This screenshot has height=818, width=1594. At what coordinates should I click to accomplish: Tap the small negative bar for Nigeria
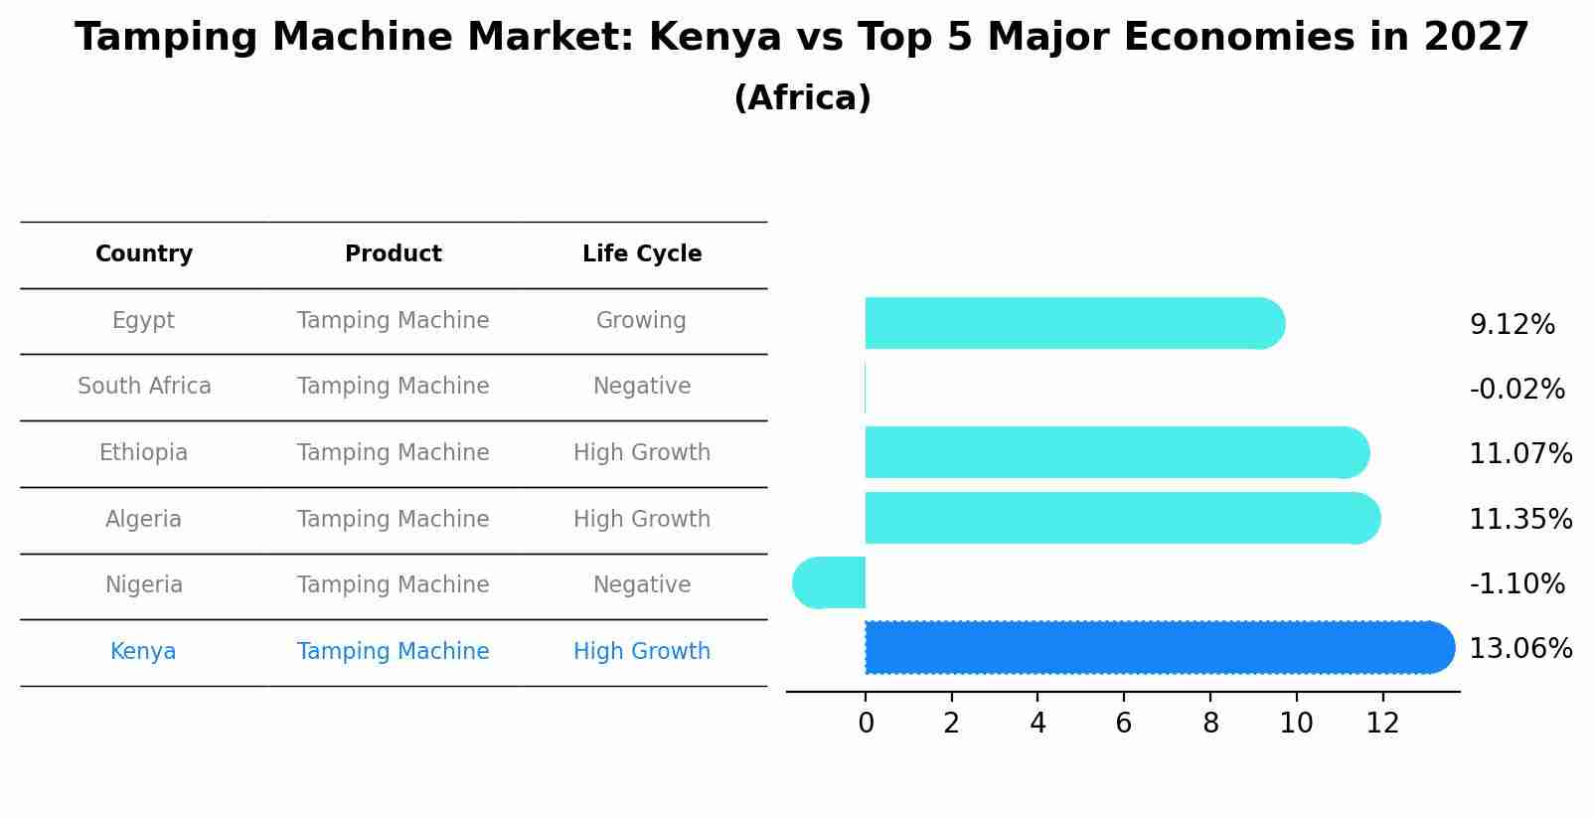(829, 582)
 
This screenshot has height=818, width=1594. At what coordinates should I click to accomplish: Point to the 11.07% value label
(1519, 454)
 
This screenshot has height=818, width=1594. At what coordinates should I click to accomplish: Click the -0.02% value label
(1516, 389)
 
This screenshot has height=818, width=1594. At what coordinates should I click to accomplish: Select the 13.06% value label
(1519, 649)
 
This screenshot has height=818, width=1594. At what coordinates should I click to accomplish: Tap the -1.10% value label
(1516, 583)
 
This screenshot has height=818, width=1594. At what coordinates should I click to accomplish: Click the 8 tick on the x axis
(1209, 724)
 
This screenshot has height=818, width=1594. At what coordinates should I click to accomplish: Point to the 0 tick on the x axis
(866, 724)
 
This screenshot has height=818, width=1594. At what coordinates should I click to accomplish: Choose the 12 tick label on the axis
(1382, 724)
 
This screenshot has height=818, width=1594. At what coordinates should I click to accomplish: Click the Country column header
(144, 254)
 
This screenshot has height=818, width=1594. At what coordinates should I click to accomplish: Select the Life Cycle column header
(642, 254)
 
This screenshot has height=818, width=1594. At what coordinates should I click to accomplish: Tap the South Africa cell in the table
(144, 387)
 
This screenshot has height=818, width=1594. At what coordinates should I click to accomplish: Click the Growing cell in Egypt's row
(641, 321)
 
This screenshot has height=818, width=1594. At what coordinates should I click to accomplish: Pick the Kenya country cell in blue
(143, 652)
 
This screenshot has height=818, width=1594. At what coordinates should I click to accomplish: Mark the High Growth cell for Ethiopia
(642, 453)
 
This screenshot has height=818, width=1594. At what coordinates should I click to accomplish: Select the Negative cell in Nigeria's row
(642, 585)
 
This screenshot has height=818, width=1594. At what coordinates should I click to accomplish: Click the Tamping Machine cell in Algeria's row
(393, 520)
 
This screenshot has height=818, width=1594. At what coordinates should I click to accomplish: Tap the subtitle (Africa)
(802, 98)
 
